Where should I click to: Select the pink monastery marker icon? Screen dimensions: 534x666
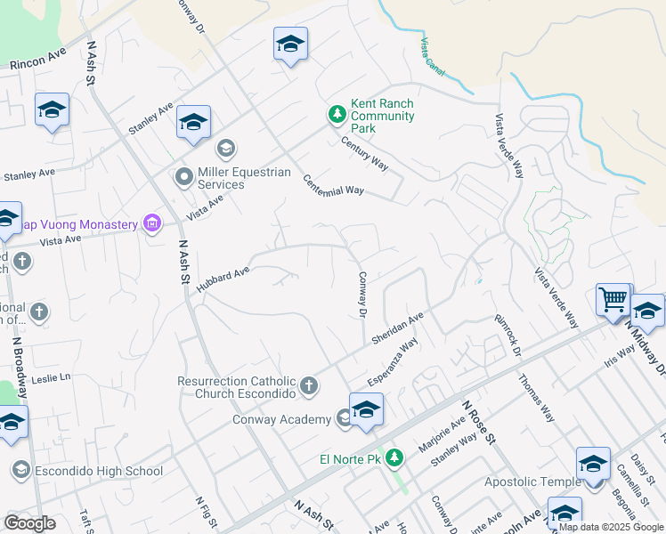(152, 223)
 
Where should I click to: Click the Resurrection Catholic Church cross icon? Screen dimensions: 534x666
(308, 385)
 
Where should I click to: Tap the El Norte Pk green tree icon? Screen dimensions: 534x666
(394, 459)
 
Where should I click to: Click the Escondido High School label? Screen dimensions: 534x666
(99, 471)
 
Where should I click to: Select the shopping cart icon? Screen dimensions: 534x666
(613, 300)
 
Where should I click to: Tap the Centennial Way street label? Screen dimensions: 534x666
(334, 185)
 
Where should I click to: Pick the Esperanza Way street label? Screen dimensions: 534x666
(394, 360)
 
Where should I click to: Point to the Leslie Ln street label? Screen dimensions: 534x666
(51, 378)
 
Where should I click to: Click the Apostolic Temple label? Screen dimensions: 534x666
(532, 481)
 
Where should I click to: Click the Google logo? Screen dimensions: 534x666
(30, 522)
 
